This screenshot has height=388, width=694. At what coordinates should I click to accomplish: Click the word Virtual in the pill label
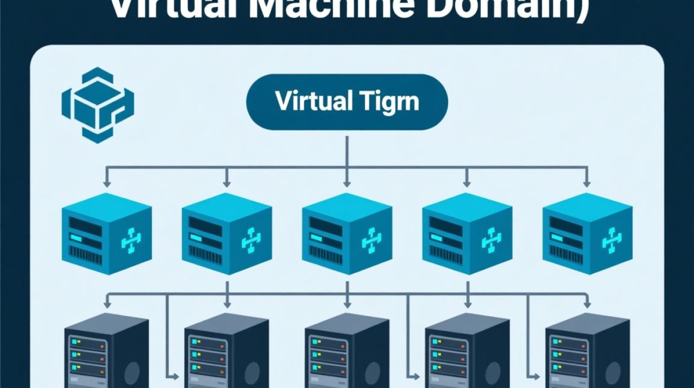[x=308, y=101]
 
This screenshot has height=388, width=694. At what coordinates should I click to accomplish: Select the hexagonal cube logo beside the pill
[x=97, y=105]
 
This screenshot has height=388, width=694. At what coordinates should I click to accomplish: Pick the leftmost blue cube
[x=106, y=233]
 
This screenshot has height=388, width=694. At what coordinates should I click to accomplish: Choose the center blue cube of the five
[x=347, y=233]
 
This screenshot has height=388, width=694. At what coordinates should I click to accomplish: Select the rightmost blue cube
[x=588, y=233]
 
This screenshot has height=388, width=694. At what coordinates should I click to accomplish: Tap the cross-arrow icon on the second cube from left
[x=251, y=241]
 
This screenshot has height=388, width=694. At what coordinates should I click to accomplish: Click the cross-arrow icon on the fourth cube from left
[x=492, y=241]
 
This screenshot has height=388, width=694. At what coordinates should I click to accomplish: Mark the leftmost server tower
[x=106, y=352]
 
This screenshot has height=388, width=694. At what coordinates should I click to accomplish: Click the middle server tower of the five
[x=347, y=352]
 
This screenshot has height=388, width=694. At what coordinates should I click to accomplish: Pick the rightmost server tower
[x=588, y=352]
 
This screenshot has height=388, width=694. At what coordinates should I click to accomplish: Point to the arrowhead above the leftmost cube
[x=107, y=183]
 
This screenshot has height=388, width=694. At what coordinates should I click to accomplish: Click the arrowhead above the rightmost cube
[x=587, y=183]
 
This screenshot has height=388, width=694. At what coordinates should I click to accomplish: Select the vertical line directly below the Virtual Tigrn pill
[x=346, y=150]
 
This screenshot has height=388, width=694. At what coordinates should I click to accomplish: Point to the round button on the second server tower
[x=253, y=372]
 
